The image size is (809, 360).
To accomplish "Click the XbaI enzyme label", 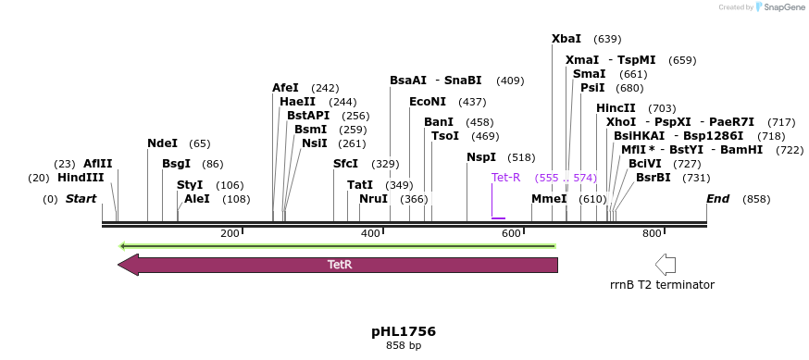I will pyautogui.click(x=566, y=39).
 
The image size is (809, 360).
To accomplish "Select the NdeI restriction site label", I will pyautogui.click(x=162, y=143).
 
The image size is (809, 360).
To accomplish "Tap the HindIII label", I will pyautogui.click(x=81, y=178).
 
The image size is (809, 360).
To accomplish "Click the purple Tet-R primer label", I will pyautogui.click(x=506, y=178).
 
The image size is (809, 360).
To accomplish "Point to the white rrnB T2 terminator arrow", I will pyautogui.click(x=665, y=264).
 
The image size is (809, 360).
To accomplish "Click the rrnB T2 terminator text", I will pyautogui.click(x=662, y=285).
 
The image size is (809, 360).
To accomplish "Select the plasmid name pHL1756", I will pyautogui.click(x=404, y=331).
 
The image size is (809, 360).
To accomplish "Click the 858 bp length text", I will pyautogui.click(x=404, y=346).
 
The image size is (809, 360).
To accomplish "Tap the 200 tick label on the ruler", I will pyautogui.click(x=230, y=233).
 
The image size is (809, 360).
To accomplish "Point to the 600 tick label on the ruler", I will pyautogui.click(x=511, y=233).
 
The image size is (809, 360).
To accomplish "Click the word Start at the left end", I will pyautogui.click(x=81, y=199).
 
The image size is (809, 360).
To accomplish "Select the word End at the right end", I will pyautogui.click(x=718, y=199).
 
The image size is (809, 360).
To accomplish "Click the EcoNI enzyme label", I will pyautogui.click(x=428, y=102).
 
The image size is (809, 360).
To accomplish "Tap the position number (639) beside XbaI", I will pyautogui.click(x=607, y=39).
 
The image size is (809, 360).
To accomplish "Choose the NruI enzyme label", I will pyautogui.click(x=373, y=199).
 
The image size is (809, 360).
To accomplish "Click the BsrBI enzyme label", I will pyautogui.click(x=653, y=178).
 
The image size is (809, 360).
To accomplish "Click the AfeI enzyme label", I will pyautogui.click(x=285, y=88).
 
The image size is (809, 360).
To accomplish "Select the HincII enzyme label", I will pyautogui.click(x=616, y=108).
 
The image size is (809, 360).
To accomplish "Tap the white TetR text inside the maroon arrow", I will pyautogui.click(x=340, y=265).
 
